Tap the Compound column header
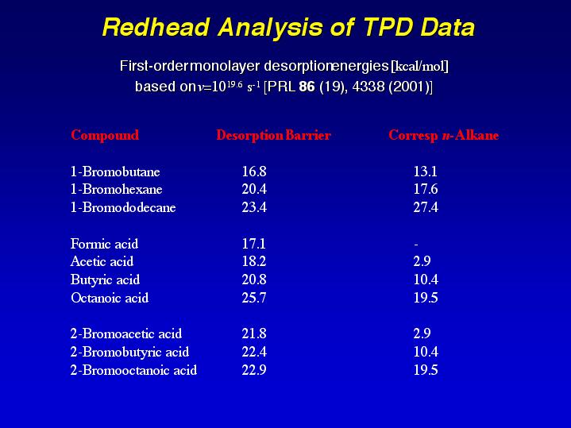(105, 135)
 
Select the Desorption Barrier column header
(273, 135)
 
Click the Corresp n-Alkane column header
(443, 135)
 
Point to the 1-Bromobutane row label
(115, 172)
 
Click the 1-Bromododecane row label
(123, 208)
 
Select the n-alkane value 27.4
(426, 208)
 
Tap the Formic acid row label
(104, 244)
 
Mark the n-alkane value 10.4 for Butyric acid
(426, 280)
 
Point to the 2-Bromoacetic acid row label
(126, 334)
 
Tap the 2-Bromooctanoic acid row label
(133, 371)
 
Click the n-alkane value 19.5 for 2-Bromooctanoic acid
(426, 371)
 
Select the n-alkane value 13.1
(426, 172)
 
